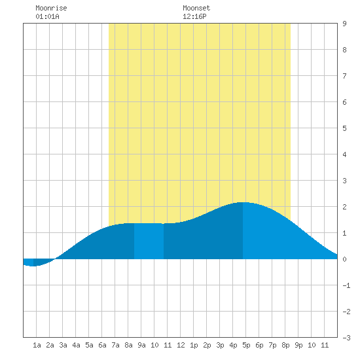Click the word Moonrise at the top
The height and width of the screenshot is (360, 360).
coord(51,8)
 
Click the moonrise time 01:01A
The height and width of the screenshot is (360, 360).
coord(47,16)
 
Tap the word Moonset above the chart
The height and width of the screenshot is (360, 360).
coord(196,8)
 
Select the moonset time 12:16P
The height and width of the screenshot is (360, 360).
coord(194,16)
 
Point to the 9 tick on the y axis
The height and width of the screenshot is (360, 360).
coord(344,24)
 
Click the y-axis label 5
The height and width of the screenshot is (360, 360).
coord(344,128)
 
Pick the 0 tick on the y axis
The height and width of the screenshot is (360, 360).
coord(344,259)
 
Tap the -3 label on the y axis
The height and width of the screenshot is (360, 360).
coord(346,338)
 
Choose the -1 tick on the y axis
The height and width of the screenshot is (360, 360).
coord(346,285)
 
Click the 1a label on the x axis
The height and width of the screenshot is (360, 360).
coord(37,345)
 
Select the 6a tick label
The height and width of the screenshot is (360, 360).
coord(102,345)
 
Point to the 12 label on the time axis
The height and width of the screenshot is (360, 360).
coord(181,345)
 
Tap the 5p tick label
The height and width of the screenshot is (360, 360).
coord(246,345)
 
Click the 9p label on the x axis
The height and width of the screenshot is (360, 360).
coord(298,345)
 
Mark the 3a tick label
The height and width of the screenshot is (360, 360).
coord(63,345)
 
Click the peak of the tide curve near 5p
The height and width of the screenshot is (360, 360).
coord(243,202)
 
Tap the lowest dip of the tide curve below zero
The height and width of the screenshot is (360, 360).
coord(33,266)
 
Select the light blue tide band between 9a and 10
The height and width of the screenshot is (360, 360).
coord(149,241)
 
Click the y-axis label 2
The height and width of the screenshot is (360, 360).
coord(344,207)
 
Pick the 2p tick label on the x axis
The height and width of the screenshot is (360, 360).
coord(207,345)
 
